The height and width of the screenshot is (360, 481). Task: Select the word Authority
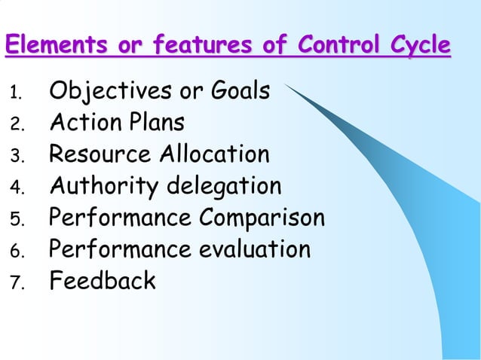click(104, 186)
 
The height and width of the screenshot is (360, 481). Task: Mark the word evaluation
click(255, 249)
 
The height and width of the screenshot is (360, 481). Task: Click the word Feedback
click(103, 280)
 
